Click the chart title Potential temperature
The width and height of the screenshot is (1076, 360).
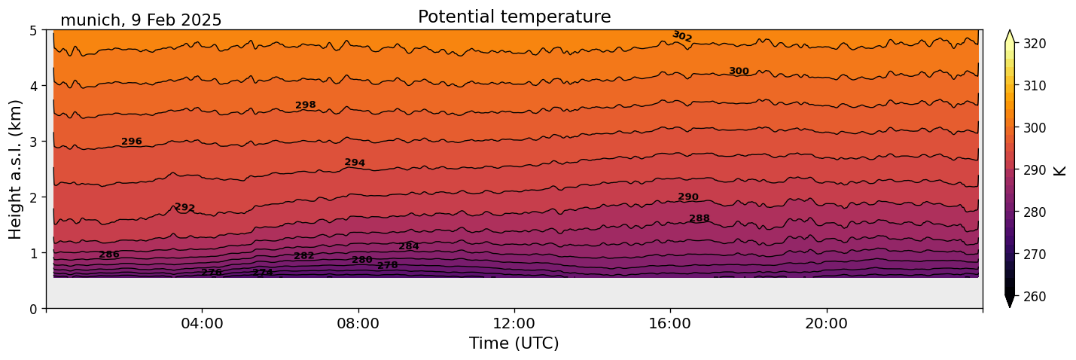tap(514, 17)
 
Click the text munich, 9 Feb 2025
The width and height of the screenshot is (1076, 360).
tap(141, 20)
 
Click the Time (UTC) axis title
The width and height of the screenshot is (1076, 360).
tap(514, 344)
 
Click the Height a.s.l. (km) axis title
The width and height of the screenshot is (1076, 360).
tap(15, 169)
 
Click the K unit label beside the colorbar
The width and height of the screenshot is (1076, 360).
tap(1060, 170)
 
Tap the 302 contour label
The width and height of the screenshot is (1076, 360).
tap(682, 36)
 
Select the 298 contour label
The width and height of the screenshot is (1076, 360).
tap(306, 105)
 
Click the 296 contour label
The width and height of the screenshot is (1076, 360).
tap(132, 142)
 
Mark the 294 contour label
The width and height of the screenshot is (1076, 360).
tap(355, 163)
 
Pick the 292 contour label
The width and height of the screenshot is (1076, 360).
tap(184, 208)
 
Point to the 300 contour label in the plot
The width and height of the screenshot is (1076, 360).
tap(739, 72)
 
